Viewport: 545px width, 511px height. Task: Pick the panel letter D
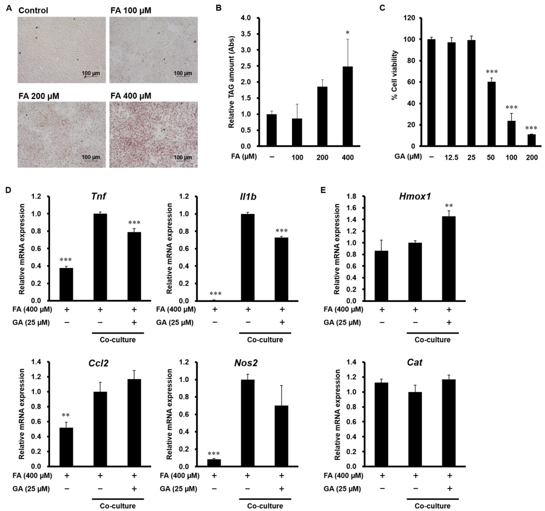(8, 190)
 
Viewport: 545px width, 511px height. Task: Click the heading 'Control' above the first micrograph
(33, 10)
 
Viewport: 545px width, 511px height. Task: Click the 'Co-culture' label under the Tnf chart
(118, 340)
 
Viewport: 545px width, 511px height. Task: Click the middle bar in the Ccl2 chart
(100, 429)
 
